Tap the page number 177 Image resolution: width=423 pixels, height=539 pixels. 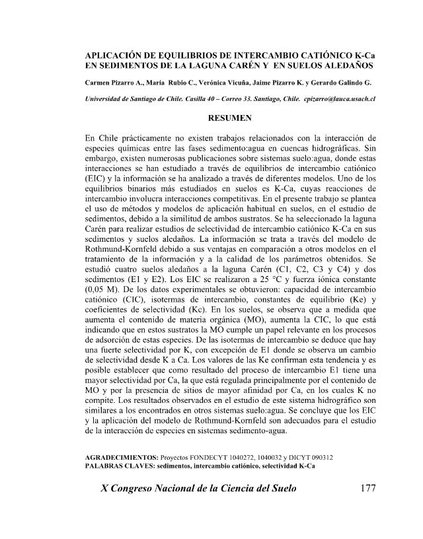[x=365, y=490]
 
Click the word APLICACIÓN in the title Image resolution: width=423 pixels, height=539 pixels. [x=117, y=56]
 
